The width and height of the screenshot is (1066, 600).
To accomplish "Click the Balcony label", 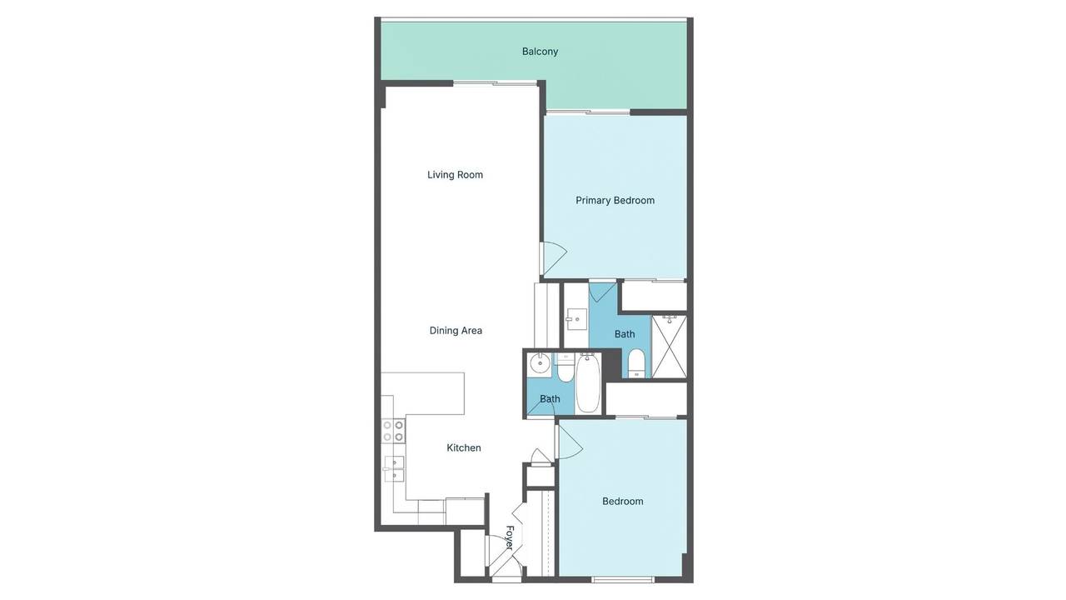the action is tap(540, 52).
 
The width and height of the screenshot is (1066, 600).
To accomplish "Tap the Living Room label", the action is tap(455, 175).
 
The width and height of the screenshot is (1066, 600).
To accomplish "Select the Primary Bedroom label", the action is tap(615, 201).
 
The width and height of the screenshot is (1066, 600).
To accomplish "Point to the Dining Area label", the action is tap(456, 331).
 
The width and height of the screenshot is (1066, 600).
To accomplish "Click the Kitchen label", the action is tap(464, 447).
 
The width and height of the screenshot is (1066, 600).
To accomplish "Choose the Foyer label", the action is tap(509, 537).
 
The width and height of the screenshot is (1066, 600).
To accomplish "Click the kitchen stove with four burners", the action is tap(394, 431).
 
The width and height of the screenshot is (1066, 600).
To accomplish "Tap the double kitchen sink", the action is tap(394, 468).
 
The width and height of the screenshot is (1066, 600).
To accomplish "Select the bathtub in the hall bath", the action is tap(588, 383).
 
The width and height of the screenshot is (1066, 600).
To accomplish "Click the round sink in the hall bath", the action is tap(540, 365).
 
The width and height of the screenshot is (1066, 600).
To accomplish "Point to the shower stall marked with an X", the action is tap(669, 347).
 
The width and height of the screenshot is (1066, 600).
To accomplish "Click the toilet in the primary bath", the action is tap(636, 363).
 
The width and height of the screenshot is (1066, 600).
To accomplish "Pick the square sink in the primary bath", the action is tap(577, 319).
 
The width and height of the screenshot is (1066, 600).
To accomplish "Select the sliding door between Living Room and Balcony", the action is tap(495, 84).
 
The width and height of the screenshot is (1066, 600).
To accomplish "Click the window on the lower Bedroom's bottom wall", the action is tap(623, 579).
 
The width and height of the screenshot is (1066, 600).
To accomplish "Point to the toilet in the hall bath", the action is tap(565, 367).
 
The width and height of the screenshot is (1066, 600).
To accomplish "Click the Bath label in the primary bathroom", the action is tap(625, 334).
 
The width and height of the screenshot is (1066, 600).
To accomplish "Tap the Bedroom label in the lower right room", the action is tap(622, 502).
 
